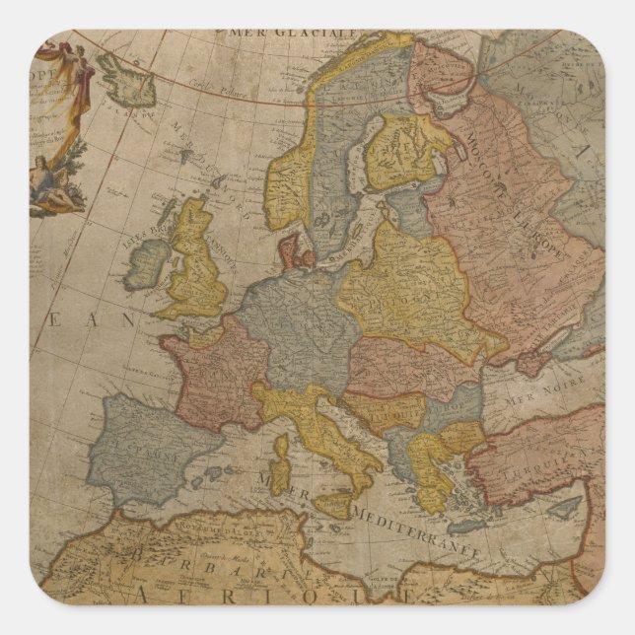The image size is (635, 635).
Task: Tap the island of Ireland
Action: (x=149, y=261)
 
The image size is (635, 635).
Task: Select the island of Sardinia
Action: (x=281, y=463)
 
